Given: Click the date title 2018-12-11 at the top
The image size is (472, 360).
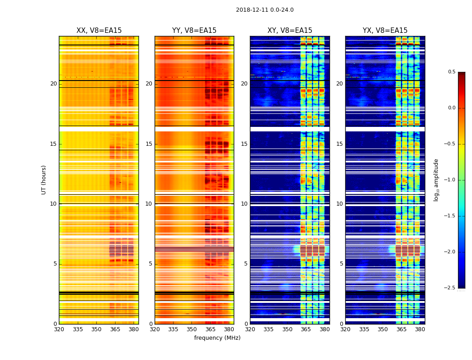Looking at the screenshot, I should coord(264,10).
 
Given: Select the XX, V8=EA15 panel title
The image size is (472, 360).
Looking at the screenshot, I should coord(99,31).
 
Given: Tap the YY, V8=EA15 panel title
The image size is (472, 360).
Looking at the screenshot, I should coord(194,31).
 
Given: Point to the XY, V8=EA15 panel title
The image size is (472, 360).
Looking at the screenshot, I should coord(290,31).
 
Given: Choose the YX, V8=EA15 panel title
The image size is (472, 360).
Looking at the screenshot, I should coord(385,31).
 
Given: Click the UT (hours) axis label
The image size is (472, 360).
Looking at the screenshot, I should coord(44,180).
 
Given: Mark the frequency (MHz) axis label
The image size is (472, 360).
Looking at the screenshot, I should coord(217,338).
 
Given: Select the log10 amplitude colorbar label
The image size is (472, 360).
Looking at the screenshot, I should coord(436,180).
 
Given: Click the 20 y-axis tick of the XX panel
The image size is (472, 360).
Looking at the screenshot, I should coord(53,84).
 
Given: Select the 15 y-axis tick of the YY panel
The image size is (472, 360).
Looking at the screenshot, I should coord(149,144).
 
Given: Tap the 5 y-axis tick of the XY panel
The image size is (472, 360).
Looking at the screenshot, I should coord(246,264).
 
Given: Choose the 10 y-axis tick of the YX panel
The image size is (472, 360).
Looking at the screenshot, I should coord(339,204).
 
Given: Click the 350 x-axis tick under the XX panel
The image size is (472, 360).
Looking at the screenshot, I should coord(96,329).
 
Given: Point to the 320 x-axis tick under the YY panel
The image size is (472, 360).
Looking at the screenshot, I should coord(155,329).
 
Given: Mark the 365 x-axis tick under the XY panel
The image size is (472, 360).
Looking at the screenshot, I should coord(306,329).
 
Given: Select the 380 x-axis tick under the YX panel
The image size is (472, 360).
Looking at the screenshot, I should coord(420,329).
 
